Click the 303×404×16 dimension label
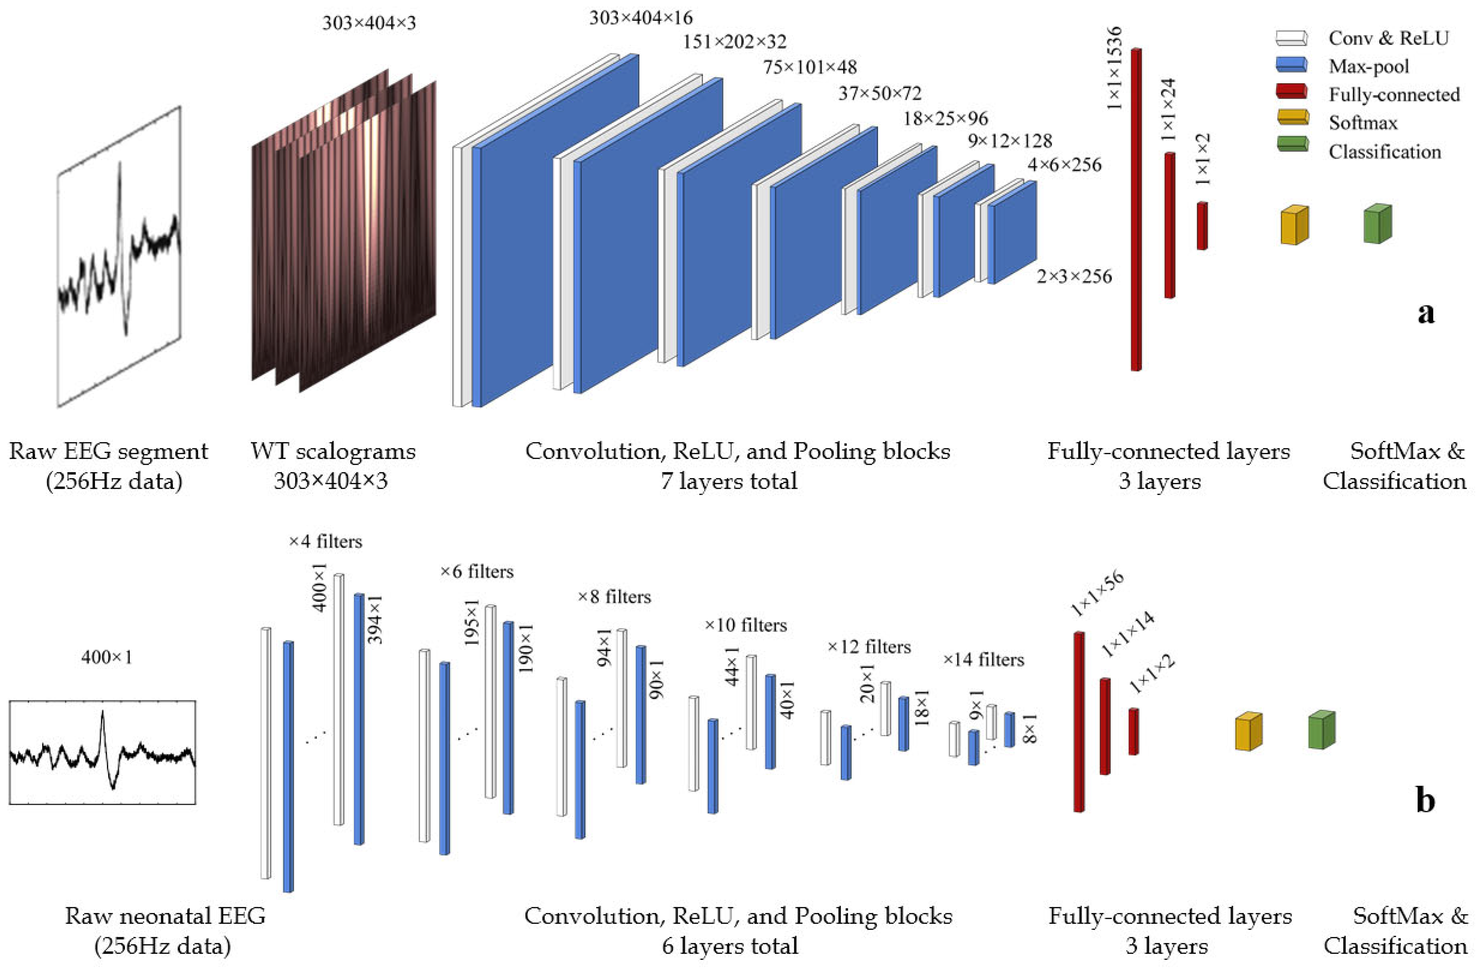(x=641, y=18)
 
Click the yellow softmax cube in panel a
(x=1294, y=225)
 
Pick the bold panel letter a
(x=1426, y=313)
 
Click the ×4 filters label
(x=325, y=541)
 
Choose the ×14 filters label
(x=983, y=659)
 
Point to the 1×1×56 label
(x=1097, y=594)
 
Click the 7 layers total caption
(x=728, y=481)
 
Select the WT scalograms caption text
(x=333, y=451)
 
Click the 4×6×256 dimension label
(x=1064, y=165)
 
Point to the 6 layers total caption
(x=730, y=946)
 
